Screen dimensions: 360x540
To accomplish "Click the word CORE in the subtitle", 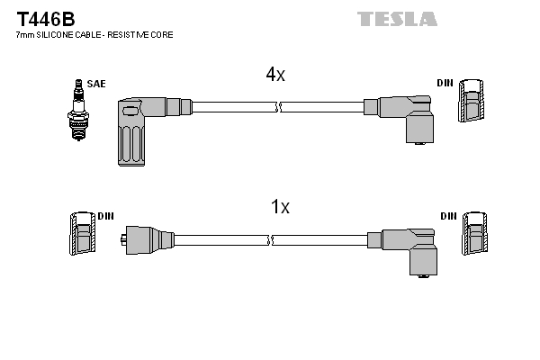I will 162,34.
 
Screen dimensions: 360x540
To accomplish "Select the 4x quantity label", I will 274,76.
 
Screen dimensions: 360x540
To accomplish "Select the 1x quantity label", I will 280,207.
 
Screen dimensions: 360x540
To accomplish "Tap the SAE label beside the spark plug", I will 97,84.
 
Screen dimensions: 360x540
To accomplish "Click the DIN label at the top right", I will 445,83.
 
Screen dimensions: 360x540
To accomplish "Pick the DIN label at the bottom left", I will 105,216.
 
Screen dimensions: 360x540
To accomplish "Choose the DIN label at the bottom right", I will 448,216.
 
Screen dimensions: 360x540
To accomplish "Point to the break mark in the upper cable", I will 277,107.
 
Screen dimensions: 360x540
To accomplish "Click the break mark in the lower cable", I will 270,240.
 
